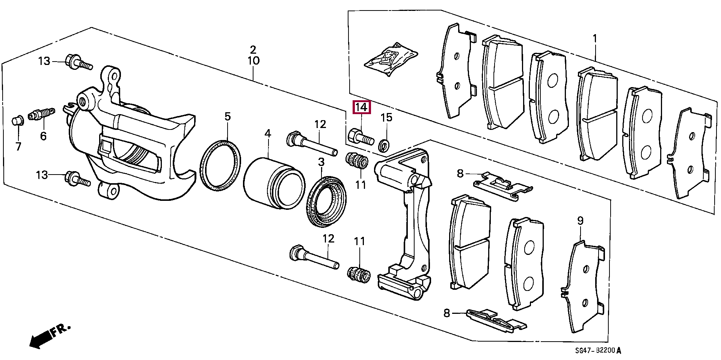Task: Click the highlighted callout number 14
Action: [x=361, y=108]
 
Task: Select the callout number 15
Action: [x=386, y=117]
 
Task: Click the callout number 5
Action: [x=228, y=116]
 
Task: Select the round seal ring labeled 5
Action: [x=220, y=165]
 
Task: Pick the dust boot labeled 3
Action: [x=327, y=201]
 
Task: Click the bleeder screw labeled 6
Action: [x=41, y=113]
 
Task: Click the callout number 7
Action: [x=18, y=146]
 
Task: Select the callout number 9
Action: [x=580, y=221]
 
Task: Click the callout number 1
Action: [x=595, y=39]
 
